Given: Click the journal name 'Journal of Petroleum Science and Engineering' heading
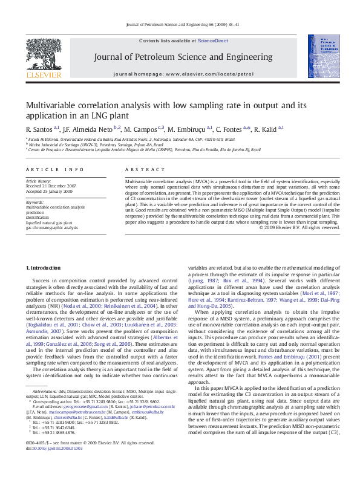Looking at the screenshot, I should pyautogui.click(x=180, y=57).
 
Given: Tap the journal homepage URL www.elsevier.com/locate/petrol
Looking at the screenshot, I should pyautogui.click(x=211, y=74).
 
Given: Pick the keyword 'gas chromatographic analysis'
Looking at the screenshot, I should pyautogui.click(x=52, y=228).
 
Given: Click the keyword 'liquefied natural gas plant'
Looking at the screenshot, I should pyautogui.click(x=51, y=222).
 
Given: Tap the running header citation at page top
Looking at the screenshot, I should pyautogui.click(x=180, y=25).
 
